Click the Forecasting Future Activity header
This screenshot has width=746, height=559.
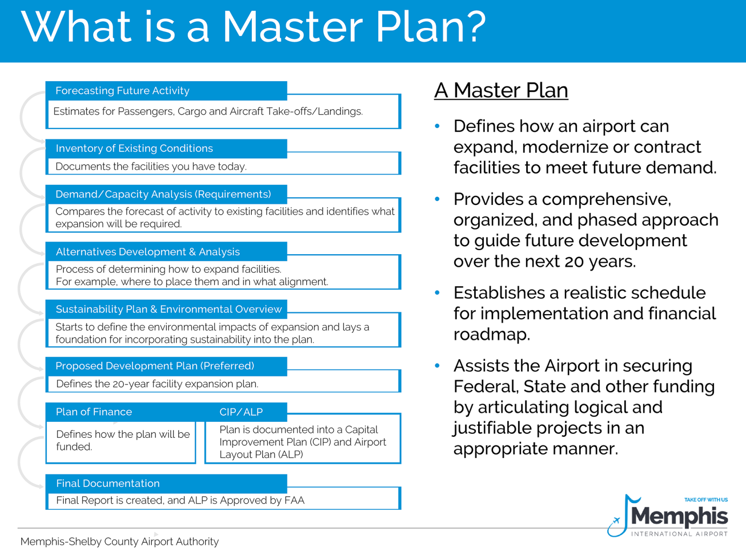click(122, 91)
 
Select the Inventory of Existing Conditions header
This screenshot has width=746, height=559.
click(134, 149)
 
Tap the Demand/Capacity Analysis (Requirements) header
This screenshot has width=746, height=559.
click(163, 195)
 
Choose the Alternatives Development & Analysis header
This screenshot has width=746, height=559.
click(148, 252)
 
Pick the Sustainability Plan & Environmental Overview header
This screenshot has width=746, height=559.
click(168, 310)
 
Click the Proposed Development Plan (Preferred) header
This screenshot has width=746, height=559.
click(154, 366)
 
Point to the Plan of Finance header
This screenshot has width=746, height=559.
click(94, 412)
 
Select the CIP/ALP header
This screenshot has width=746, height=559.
click(241, 413)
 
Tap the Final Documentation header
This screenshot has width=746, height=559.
click(108, 483)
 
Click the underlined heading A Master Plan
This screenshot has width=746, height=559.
click(500, 91)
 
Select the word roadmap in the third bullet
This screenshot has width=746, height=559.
click(492, 335)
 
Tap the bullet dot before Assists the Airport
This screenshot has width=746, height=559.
click(438, 366)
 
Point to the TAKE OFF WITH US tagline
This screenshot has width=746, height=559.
click(706, 500)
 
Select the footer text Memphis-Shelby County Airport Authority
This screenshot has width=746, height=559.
click(119, 542)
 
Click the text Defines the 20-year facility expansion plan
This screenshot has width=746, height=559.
click(157, 384)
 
